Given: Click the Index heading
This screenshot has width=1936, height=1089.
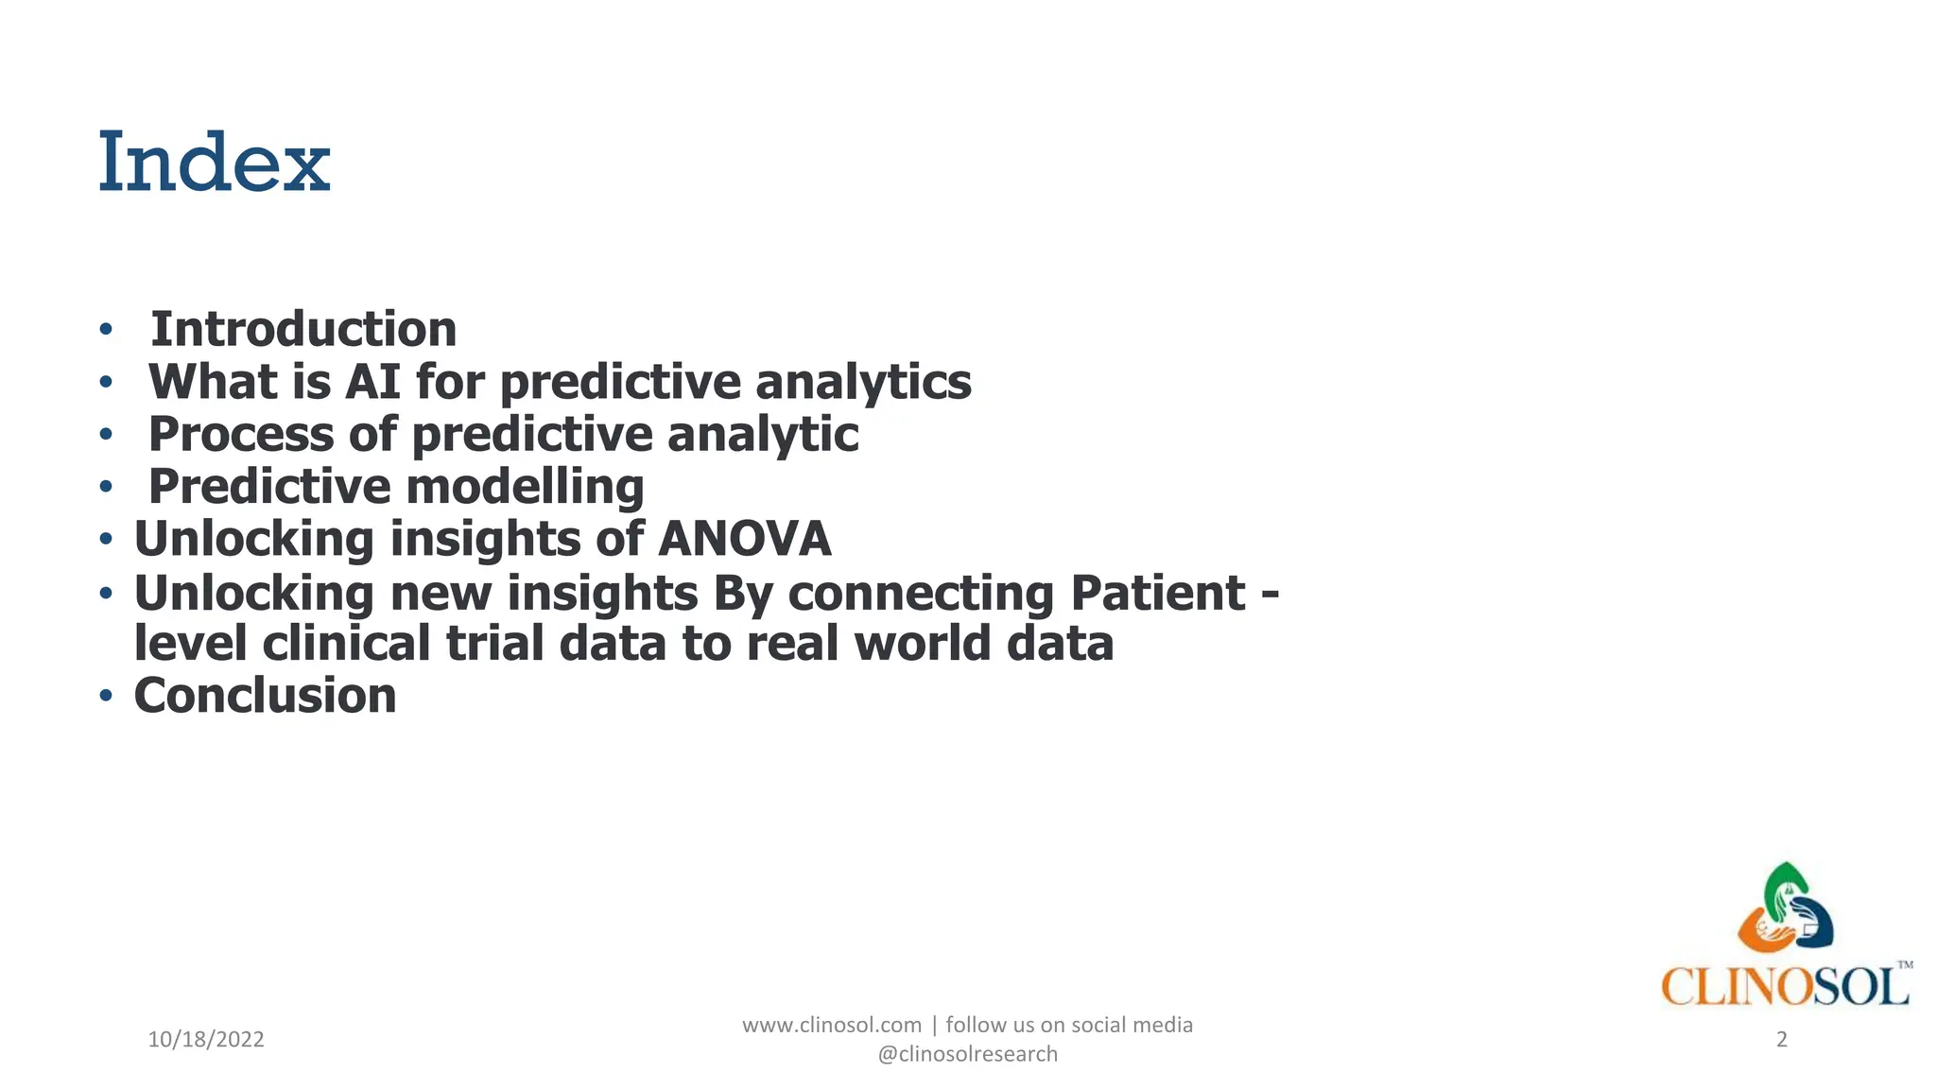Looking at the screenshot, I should point(215,163).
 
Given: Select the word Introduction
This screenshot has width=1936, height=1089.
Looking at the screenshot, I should point(303,330).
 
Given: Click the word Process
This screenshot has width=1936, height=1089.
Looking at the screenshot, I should point(241,435).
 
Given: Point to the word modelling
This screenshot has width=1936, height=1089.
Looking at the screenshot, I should point(525,487).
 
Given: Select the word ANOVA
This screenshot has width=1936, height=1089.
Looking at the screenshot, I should point(744,539).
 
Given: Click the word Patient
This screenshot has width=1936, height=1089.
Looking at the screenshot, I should point(1158,594).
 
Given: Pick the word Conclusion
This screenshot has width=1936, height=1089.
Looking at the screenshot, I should point(266,696).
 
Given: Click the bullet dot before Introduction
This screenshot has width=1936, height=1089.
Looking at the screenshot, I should point(106,331).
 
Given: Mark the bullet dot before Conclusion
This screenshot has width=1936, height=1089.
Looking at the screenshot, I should point(106,697).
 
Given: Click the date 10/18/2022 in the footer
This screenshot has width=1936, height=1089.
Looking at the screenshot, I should point(206,1040).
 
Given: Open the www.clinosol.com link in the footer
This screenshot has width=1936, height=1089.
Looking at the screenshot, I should point(831,1025).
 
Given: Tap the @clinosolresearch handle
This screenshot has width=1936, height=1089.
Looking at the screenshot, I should point(967,1054).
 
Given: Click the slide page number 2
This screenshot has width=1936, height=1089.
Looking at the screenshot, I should point(1782,1040).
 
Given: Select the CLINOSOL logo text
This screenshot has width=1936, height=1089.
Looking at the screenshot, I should point(1784,988).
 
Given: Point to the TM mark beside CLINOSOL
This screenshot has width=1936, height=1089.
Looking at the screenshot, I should point(1905,965).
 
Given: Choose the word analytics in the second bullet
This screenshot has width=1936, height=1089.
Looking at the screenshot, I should point(863,382).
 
